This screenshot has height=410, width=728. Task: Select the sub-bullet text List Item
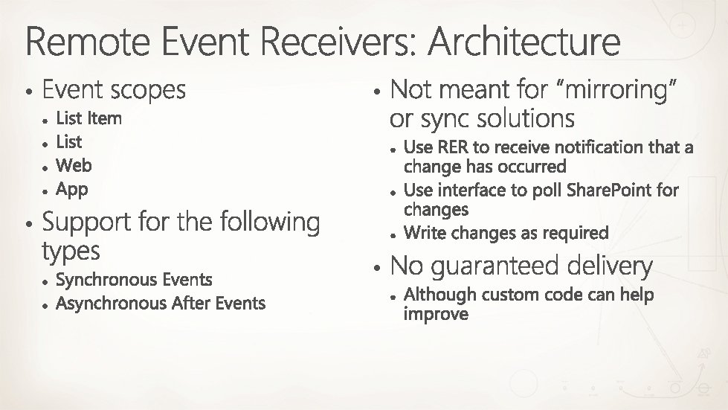click(88, 118)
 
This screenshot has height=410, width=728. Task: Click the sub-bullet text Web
click(74, 165)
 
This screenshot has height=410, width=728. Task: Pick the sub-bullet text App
click(72, 189)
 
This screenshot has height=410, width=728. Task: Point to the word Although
click(439, 295)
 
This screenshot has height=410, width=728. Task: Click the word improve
click(436, 314)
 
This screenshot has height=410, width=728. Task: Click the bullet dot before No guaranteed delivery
click(378, 266)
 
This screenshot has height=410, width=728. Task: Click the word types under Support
click(71, 252)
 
